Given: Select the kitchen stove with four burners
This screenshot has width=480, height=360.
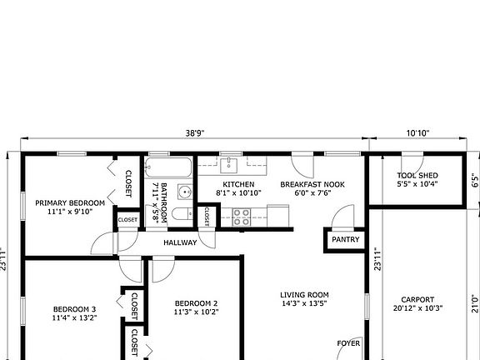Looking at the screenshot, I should (241, 217).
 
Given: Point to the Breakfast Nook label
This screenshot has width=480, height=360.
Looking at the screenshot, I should (312, 184).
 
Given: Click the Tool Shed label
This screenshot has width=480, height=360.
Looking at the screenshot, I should (417, 175).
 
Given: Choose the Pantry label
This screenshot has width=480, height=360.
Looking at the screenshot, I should (345, 239).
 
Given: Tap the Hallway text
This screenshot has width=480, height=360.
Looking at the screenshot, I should (180, 242).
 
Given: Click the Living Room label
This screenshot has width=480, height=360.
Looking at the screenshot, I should (304, 294).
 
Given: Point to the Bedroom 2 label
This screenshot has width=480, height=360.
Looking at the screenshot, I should (196, 303).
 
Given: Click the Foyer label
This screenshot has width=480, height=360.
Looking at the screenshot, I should (348, 342).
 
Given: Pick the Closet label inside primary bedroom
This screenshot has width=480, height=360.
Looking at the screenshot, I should (129, 183).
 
